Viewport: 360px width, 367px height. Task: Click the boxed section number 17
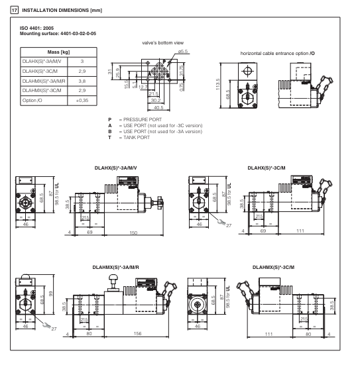(15, 11)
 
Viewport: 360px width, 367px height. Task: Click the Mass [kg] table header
(58, 52)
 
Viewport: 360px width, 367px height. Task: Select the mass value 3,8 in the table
(82, 81)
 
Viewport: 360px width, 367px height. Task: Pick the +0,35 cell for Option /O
(82, 101)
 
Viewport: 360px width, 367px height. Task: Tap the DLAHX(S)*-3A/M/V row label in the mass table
(42, 62)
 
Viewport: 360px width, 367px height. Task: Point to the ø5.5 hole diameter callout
(183, 51)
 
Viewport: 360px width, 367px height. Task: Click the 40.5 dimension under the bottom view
(158, 108)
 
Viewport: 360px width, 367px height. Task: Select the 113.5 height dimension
(217, 84)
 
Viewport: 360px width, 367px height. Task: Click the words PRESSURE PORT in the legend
(143, 119)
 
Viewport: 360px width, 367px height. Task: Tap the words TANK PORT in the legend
(137, 137)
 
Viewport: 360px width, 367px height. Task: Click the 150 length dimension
(133, 233)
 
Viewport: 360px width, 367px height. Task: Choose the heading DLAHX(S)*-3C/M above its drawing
(267, 168)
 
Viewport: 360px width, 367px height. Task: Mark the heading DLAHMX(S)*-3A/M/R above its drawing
(116, 267)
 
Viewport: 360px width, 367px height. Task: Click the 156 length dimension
(137, 333)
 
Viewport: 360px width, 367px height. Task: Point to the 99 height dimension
(50, 293)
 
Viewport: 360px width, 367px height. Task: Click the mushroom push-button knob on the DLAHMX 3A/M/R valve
(113, 278)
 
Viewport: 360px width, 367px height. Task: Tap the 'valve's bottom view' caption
(163, 43)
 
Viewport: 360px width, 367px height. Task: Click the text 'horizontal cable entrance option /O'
(278, 54)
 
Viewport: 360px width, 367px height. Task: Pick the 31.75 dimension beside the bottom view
(181, 70)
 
